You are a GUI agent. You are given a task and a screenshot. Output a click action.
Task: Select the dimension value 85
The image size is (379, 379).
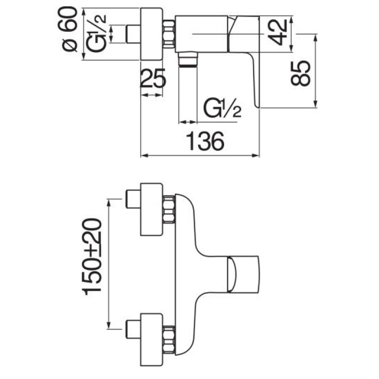click(x=301, y=72)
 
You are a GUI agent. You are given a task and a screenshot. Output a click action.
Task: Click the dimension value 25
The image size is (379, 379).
click(x=153, y=78)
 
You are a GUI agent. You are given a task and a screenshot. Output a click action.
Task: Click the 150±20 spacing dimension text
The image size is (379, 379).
click(x=93, y=256)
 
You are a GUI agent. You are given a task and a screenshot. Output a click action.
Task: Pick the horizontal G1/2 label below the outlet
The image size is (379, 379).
click(x=222, y=109)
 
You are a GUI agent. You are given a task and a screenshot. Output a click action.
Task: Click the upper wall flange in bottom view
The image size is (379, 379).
click(x=152, y=209)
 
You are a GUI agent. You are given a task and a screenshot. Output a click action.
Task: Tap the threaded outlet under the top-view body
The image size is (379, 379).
click(x=189, y=61)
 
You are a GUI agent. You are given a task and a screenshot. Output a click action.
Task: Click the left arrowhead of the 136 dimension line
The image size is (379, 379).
click(x=144, y=155)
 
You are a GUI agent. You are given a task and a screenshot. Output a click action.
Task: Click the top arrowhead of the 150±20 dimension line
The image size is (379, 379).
click(x=109, y=201)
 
